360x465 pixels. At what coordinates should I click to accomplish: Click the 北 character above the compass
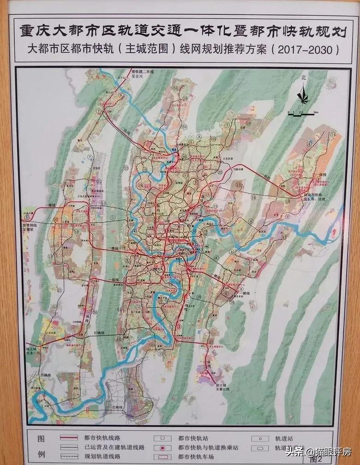(x=303, y=78)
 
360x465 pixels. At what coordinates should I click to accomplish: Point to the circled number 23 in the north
(x=248, y=123)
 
